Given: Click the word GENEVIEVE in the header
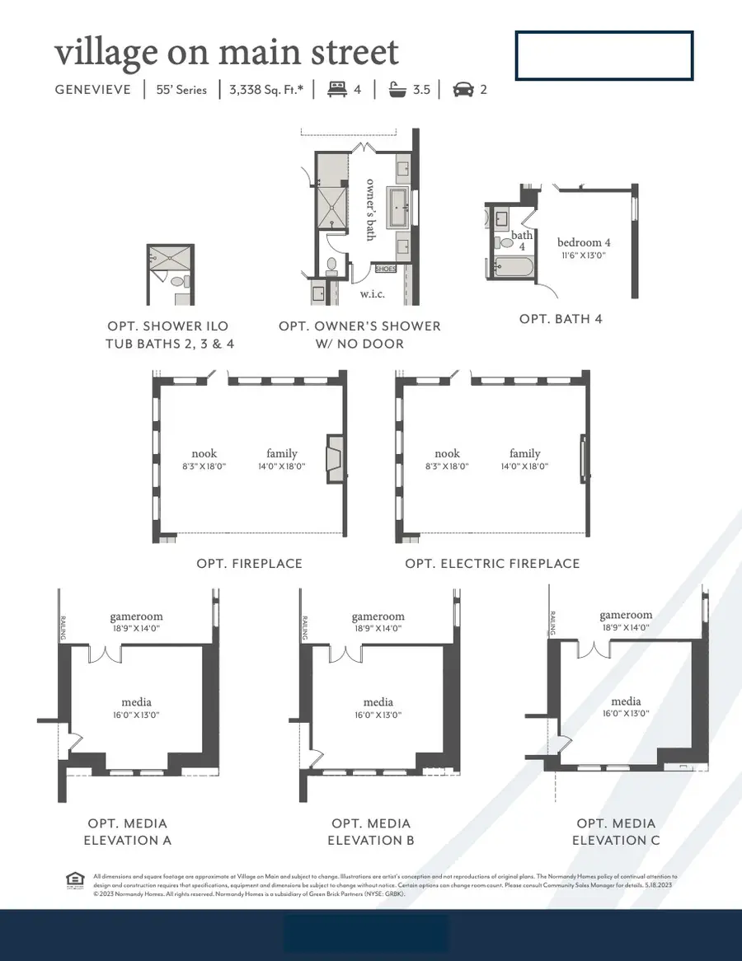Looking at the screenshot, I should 93,89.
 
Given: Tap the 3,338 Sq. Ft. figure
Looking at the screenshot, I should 265,89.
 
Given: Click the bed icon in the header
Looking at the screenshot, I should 336,89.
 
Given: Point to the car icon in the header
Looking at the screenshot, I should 463,89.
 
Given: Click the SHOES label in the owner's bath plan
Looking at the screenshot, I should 386,269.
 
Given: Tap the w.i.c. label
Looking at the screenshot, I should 372,293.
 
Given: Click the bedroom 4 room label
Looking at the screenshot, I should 584,242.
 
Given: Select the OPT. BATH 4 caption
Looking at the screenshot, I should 561,318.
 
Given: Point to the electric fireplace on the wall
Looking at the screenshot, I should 584,458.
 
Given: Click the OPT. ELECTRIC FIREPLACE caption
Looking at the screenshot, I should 492,564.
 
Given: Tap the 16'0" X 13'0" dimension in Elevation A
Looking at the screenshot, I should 136,715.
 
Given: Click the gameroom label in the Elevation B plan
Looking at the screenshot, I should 378,616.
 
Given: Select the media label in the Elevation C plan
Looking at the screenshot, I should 626,701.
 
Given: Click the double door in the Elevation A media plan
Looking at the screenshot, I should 105,654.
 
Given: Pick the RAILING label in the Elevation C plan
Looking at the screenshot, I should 552,623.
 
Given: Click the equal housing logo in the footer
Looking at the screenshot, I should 73,881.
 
